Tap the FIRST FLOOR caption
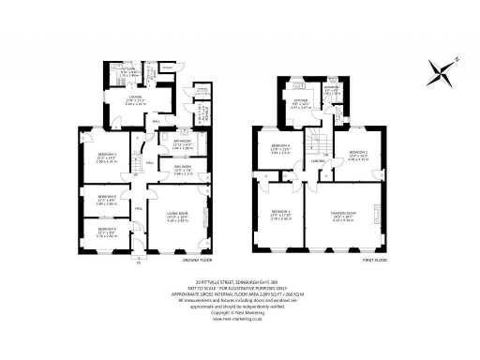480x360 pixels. pos(376,258)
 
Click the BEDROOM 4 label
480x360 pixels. pos(281,146)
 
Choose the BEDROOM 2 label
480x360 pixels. pos(359,152)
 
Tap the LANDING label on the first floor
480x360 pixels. pos(318,160)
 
